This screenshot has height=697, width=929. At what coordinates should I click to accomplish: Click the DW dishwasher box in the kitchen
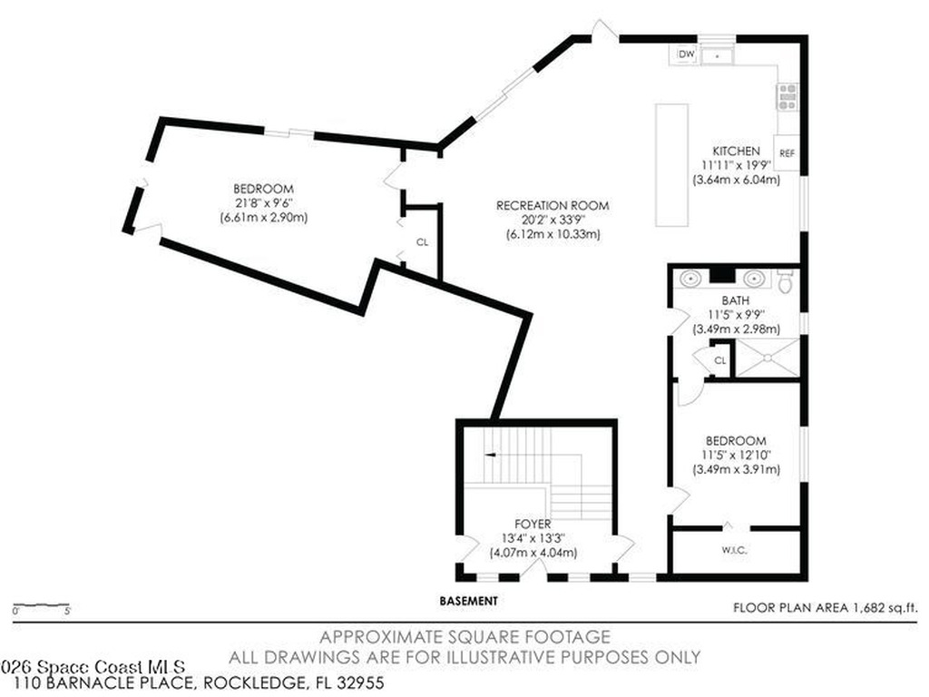pyautogui.click(x=686, y=55)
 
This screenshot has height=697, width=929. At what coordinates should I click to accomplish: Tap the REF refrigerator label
pyautogui.click(x=787, y=153)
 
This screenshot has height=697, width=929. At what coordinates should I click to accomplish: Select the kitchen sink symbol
pyautogui.click(x=720, y=56)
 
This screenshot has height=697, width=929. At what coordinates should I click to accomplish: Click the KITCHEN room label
pyautogui.click(x=735, y=151)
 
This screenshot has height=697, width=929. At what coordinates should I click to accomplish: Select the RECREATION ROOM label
pyautogui.click(x=553, y=205)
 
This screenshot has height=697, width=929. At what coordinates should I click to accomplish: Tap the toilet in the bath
pyautogui.click(x=786, y=282)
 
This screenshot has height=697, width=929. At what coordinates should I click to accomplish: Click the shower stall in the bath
pyautogui.click(x=767, y=358)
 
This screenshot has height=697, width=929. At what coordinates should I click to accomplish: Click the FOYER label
pyautogui.click(x=533, y=524)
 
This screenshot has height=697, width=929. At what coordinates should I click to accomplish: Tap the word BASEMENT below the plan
pyautogui.click(x=468, y=601)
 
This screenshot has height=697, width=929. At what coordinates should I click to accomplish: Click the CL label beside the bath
pyautogui.click(x=720, y=360)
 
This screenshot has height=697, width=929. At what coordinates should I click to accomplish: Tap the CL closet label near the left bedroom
pyautogui.click(x=422, y=242)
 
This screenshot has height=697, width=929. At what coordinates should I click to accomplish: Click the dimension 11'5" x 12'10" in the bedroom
pyautogui.click(x=735, y=455)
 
